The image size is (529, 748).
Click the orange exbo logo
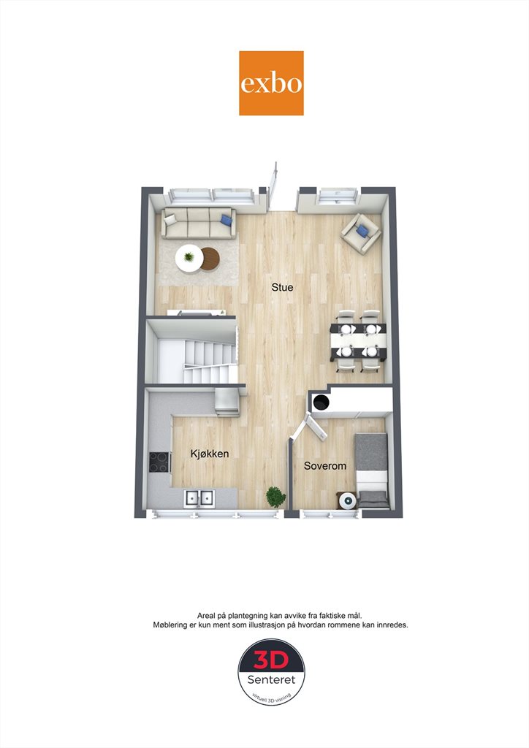coord(271,83)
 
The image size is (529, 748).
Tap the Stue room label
coord(282,287)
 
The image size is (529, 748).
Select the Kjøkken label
coord(210,454)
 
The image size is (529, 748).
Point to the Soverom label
coord(325,465)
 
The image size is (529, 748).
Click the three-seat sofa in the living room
coord(199,223)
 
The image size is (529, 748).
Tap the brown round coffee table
coord(210,259)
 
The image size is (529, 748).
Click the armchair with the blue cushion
coord(361,233)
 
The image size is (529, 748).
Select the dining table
coord(359,340)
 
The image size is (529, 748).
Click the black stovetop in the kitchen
coord(160,462)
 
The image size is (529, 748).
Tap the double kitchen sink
coord(199,498)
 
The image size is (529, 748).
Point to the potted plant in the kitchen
coord(275,497)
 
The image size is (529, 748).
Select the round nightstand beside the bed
coord(347,500)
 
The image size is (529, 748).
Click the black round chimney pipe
coord(321,402)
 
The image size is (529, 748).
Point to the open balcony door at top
coord(273,186)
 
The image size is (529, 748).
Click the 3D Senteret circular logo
coord(271,672)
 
